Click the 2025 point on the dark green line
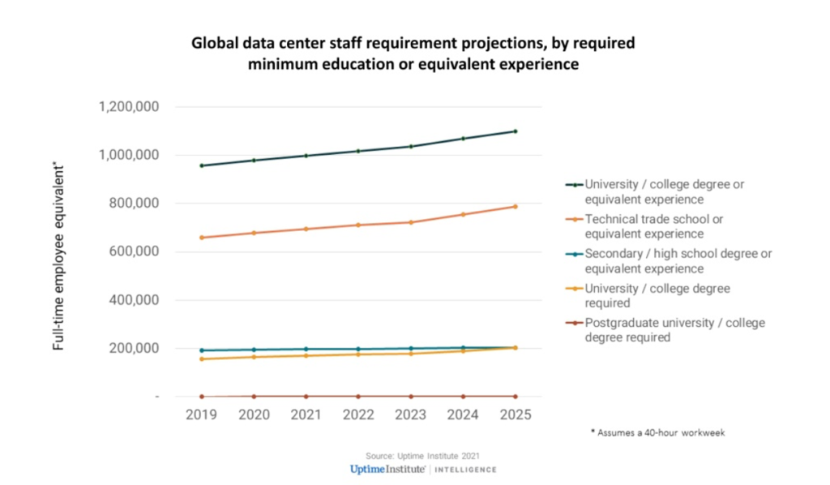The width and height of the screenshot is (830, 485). [x=515, y=131]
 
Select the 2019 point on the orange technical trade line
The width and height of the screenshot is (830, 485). [x=201, y=238]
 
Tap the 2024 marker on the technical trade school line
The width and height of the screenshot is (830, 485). [x=463, y=214]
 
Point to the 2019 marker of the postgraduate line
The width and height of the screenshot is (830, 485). [x=201, y=397]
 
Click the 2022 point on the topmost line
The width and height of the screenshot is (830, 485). [x=358, y=151]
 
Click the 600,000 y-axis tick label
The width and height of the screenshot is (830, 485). [x=135, y=251]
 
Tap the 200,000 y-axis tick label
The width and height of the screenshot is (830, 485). [x=135, y=348]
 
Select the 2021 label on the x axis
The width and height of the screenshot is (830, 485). [x=306, y=414]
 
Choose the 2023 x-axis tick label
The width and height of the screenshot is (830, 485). [x=410, y=414]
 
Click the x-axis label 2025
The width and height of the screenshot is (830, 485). [x=515, y=414]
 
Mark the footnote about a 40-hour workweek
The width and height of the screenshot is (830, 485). [x=657, y=432]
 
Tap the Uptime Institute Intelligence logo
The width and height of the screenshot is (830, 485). [x=422, y=470]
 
